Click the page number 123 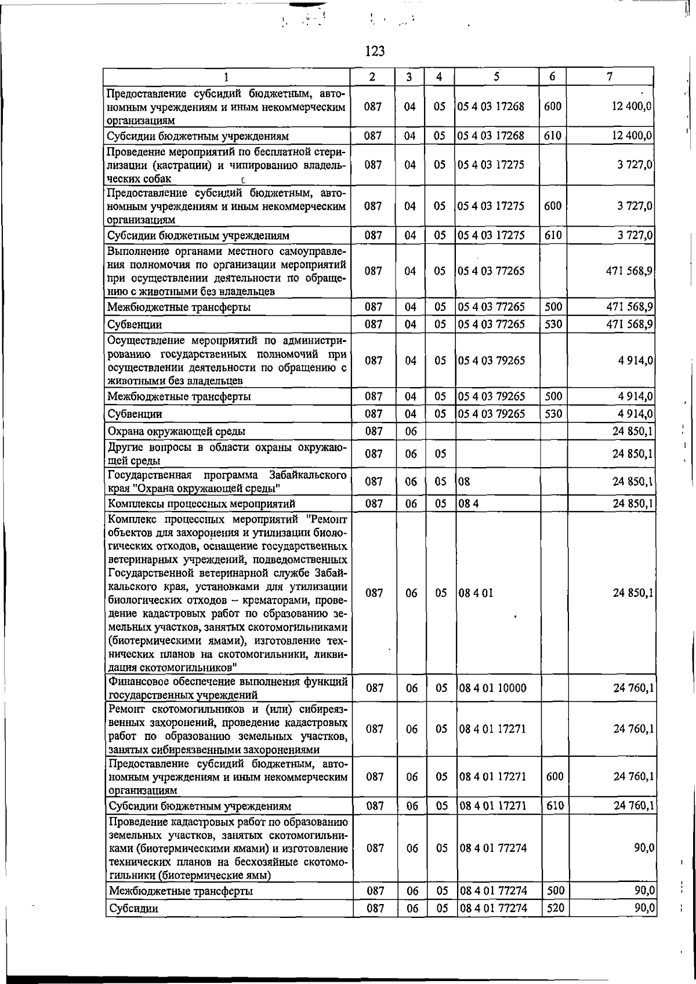coord(375,52)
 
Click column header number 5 coord(496,76)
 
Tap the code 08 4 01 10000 coord(493,688)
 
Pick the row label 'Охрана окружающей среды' coord(176,431)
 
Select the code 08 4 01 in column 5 coord(476,593)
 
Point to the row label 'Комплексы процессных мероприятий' coord(202,503)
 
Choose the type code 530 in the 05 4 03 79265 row coord(553,414)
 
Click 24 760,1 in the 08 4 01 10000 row coord(634,688)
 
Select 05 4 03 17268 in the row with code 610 coord(491,136)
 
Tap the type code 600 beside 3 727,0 coord(553,206)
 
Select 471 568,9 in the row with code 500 coord(630,307)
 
